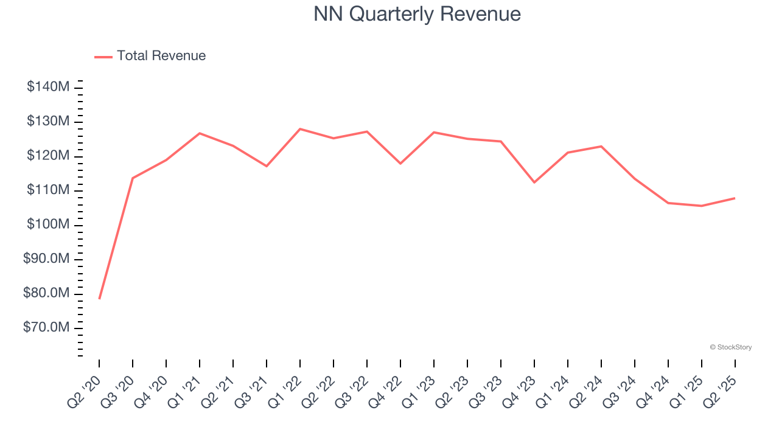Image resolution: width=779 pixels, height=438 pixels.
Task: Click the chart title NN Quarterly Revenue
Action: click(417, 14)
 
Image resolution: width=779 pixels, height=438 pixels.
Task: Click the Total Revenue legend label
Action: click(161, 56)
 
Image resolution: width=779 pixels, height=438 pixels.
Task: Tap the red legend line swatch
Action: click(103, 57)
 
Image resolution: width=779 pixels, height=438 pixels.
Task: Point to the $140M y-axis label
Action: click(48, 87)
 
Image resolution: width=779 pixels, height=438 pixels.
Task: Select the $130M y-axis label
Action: click(48, 122)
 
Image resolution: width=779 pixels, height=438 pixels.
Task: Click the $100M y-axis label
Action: click(48, 224)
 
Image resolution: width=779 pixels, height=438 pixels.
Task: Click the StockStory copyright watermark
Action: click(730, 347)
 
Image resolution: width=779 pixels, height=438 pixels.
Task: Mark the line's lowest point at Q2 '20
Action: click(99, 299)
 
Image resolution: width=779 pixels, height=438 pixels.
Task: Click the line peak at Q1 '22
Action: click(300, 129)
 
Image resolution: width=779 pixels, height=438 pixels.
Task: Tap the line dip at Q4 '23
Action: click(534, 182)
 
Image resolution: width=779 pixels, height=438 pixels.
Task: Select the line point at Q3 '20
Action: click(133, 178)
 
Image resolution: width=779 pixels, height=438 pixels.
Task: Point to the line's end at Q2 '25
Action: click(735, 198)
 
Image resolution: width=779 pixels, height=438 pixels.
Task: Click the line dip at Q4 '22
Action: click(400, 164)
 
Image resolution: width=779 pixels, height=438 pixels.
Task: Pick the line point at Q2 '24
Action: click(601, 146)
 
